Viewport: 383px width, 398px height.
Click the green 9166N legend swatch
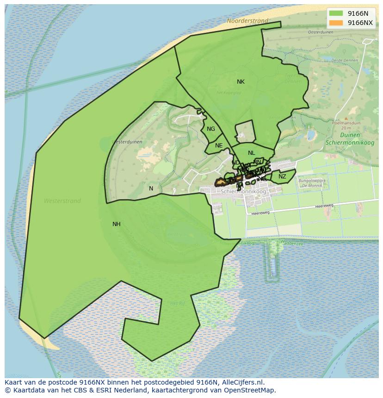coord(336,13)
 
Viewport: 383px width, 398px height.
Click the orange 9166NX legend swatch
coord(336,23)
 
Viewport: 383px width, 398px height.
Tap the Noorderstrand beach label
coord(247,21)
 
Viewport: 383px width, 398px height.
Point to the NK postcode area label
coord(241,82)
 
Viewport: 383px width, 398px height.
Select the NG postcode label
coord(211,129)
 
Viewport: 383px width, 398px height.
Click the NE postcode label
coord(219,146)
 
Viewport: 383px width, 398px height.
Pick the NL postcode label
coord(251,153)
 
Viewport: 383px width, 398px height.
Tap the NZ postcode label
coord(282,177)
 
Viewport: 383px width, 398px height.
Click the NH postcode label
coord(117,224)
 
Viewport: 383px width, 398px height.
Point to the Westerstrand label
coord(62,201)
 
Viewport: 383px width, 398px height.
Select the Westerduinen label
coord(127,142)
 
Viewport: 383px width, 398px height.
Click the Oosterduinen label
coord(321,32)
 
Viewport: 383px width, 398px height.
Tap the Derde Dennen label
coord(345,60)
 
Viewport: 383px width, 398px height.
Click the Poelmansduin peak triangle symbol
coord(346,118)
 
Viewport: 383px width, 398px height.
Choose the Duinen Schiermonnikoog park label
coord(350,139)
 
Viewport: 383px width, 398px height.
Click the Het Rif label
coord(177,303)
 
